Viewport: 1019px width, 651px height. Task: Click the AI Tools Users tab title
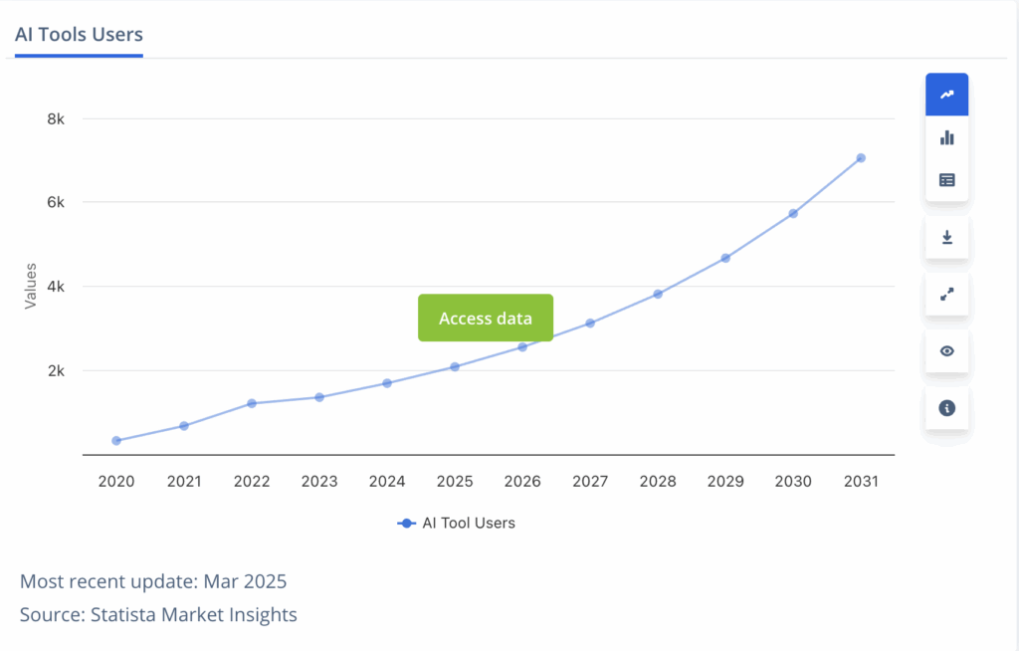coord(79,35)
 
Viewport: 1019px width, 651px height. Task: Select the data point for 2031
coord(861,158)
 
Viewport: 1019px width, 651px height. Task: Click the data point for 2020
coord(116,441)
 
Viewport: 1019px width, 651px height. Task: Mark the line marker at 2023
coord(319,397)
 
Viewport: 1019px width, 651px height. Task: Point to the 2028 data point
coord(658,294)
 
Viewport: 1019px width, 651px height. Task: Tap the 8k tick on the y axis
coord(56,119)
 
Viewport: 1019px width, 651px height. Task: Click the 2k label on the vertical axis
coord(56,371)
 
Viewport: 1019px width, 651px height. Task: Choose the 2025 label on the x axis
coord(455,482)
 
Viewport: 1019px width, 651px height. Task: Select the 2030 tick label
coord(793,482)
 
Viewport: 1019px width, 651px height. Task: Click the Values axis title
coord(31,286)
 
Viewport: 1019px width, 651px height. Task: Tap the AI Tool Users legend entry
coord(457,523)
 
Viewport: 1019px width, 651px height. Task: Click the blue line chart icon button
coord(946,95)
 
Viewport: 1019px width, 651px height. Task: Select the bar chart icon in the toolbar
coord(946,137)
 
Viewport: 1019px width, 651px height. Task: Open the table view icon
coord(946,180)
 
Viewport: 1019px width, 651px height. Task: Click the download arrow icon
coord(946,237)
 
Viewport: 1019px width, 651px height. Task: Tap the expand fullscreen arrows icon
coord(946,294)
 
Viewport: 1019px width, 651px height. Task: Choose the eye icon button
coord(946,350)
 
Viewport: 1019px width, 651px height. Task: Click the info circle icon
coord(946,408)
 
